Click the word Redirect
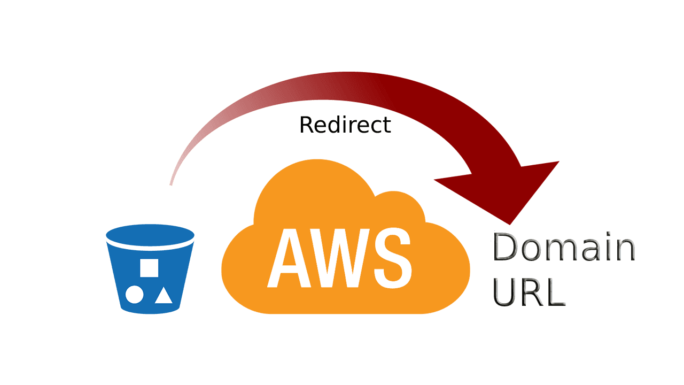click(x=345, y=125)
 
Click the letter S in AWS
click(x=393, y=259)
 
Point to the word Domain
click(x=564, y=248)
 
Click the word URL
click(x=529, y=292)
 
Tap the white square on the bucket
click(x=149, y=267)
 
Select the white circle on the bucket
click(x=134, y=294)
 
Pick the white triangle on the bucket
click(x=164, y=295)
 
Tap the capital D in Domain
click(x=506, y=248)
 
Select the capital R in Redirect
click(x=306, y=125)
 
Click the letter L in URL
click(x=555, y=292)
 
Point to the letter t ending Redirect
click(x=386, y=125)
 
